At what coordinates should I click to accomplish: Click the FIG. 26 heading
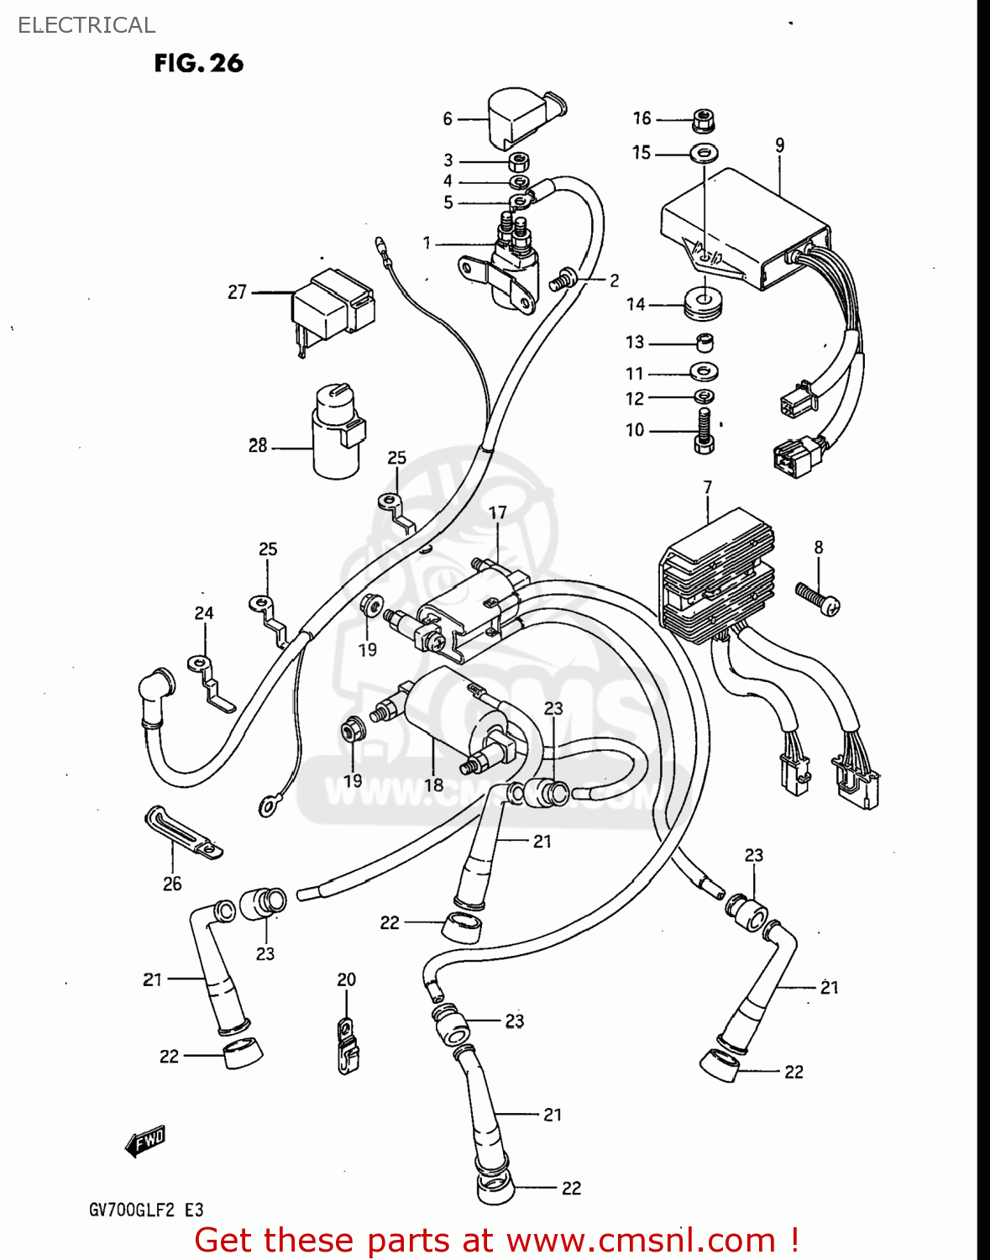(x=198, y=63)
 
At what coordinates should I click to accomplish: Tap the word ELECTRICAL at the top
(x=86, y=25)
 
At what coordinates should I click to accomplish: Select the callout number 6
(x=448, y=119)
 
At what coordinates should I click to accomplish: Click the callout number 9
(x=780, y=144)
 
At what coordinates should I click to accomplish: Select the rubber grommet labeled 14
(x=704, y=304)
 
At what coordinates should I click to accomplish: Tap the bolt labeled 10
(x=704, y=430)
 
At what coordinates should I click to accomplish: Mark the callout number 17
(x=498, y=512)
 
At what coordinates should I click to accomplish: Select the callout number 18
(x=433, y=785)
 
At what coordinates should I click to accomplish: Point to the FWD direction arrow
(x=145, y=1141)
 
